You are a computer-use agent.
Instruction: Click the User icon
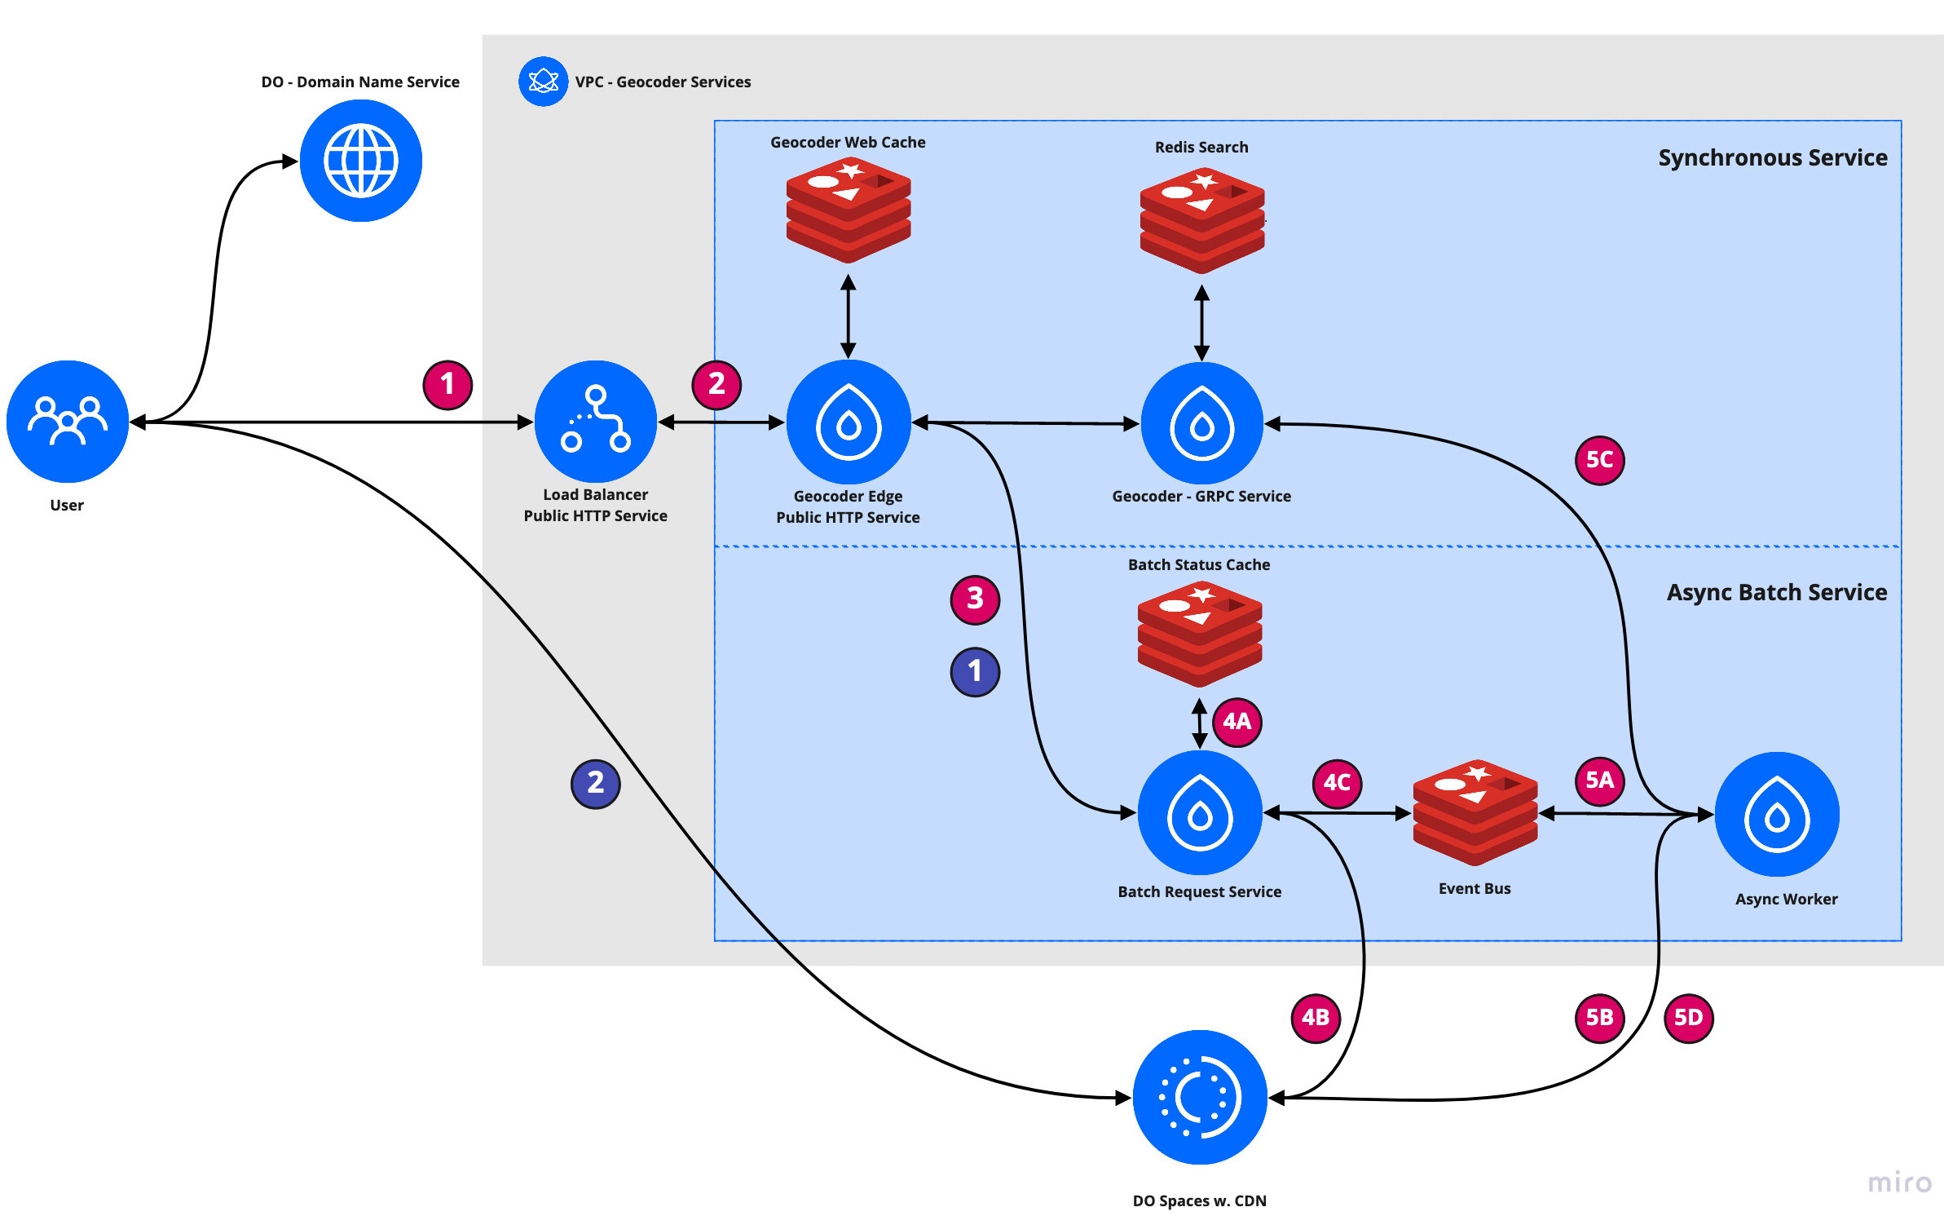coord(68,422)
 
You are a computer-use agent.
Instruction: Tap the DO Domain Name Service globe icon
coord(361,161)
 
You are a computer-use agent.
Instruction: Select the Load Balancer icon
coord(596,422)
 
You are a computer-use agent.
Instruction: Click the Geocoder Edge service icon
coord(849,422)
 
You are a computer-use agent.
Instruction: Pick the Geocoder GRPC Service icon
coord(1202,424)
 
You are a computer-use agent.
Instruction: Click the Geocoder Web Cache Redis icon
coord(849,210)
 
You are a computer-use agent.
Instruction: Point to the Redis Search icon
coord(1202,220)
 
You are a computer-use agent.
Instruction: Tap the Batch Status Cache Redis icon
coord(1200,634)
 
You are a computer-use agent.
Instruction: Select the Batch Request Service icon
coord(1200,813)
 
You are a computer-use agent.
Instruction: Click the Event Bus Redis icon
coord(1475,812)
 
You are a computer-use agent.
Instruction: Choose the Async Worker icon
coord(1778,814)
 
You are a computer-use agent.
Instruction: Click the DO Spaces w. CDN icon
coord(1200,1098)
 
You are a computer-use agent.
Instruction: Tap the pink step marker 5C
coord(1600,460)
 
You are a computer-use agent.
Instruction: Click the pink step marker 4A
coord(1237,722)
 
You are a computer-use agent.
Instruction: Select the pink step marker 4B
coord(1316,1018)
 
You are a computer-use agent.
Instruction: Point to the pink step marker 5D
coord(1688,1018)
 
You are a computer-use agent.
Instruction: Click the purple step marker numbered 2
coord(596,784)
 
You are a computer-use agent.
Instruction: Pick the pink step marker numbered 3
coord(975,599)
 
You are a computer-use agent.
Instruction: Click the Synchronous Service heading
coord(1773,157)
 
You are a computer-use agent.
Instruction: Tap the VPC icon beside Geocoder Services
coord(544,82)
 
